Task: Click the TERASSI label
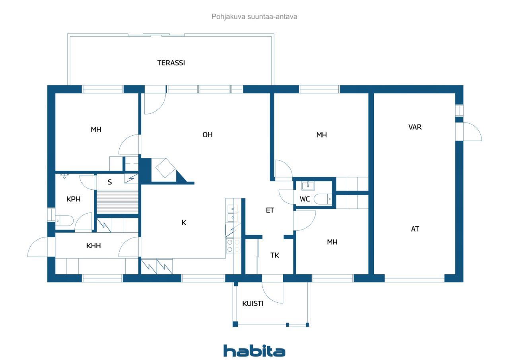point(171,63)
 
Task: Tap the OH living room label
point(208,135)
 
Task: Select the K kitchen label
point(184,222)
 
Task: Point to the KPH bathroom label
point(74,199)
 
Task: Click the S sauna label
point(110,182)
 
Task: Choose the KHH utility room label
point(93,246)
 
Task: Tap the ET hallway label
point(270,210)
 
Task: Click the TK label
point(275,255)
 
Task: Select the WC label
point(305,199)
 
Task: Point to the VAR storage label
point(415,127)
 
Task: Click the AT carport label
point(415,229)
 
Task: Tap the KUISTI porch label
point(253,304)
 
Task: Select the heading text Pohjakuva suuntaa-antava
point(254,17)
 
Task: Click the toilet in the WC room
point(322,199)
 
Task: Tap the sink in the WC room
point(308,186)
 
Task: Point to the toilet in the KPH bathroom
point(64,220)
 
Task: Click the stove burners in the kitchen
point(233,246)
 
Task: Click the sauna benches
point(117,202)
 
